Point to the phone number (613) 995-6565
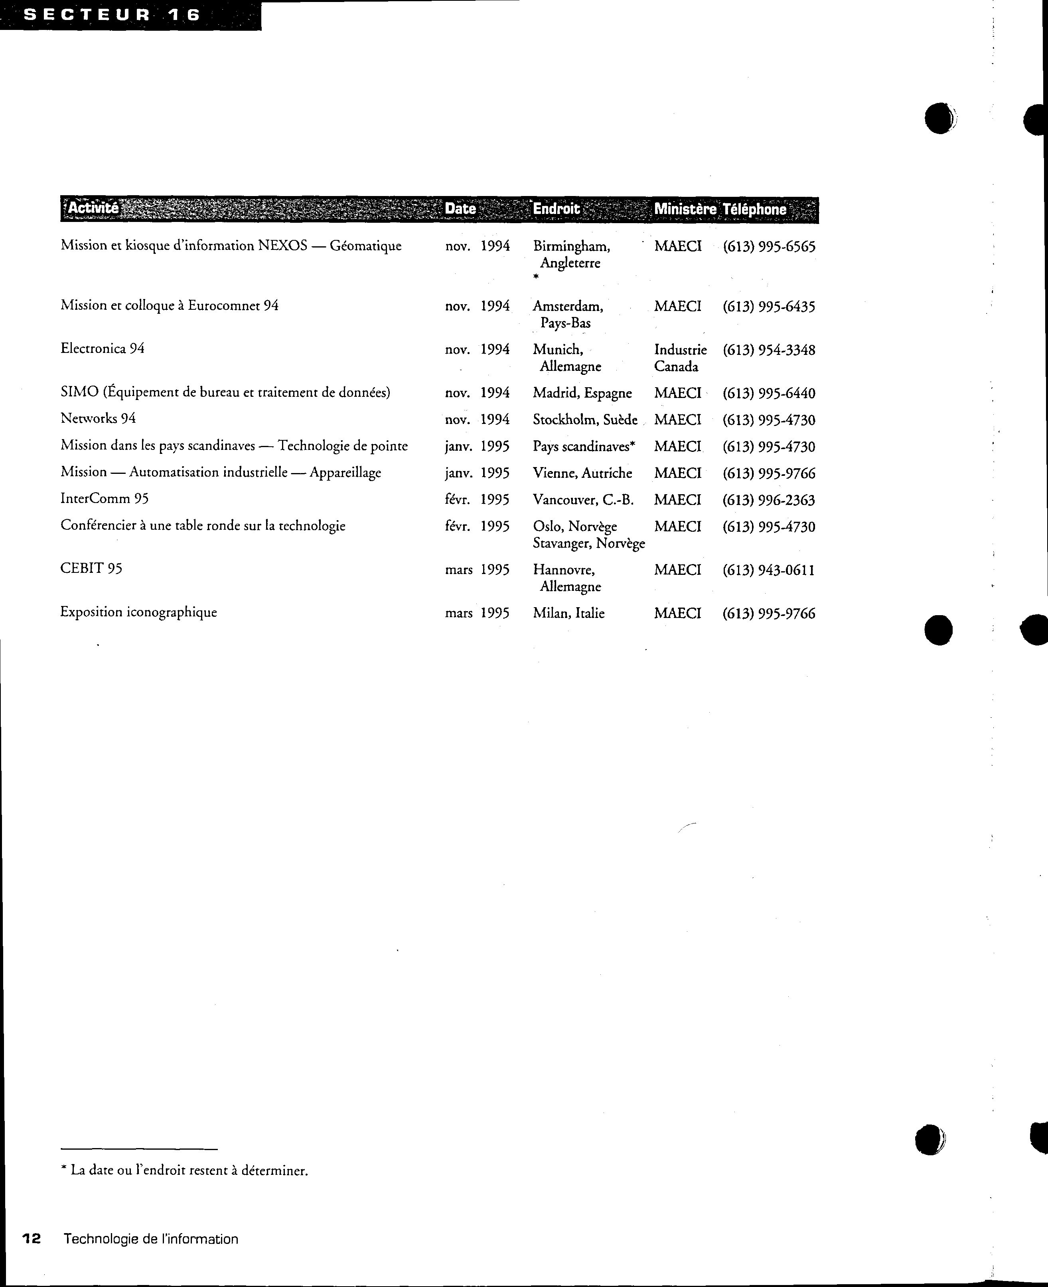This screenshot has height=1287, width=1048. coord(768,246)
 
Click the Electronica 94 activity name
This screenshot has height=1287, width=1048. coord(103,348)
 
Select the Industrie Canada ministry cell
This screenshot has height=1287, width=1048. coord(680,358)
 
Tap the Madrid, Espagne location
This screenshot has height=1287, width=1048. coord(582,393)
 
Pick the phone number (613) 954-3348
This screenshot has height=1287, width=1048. coord(768,350)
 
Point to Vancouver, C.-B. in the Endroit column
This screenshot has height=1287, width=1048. coord(582,500)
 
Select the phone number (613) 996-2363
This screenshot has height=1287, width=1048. coord(768,500)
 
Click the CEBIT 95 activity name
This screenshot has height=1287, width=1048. coord(91,568)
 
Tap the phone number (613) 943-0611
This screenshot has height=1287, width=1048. coord(768,570)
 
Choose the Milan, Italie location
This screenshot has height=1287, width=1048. coord(568,614)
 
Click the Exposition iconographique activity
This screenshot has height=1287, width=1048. coord(138,612)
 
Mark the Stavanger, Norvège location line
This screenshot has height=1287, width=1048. coord(588,544)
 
